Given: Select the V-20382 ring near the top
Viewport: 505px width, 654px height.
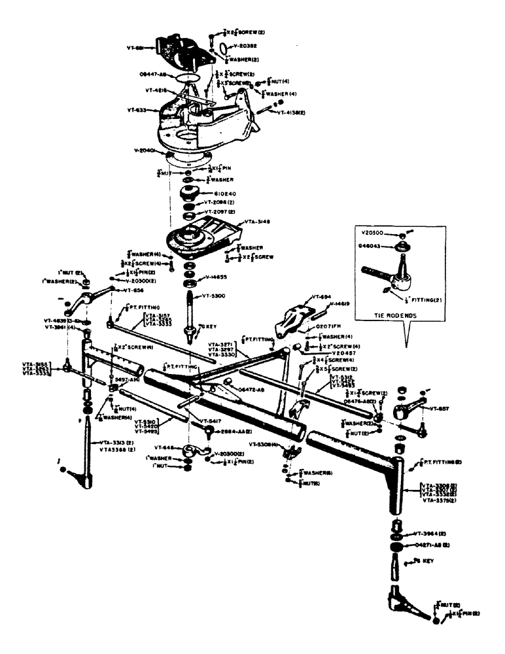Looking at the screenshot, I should pos(223,47).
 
